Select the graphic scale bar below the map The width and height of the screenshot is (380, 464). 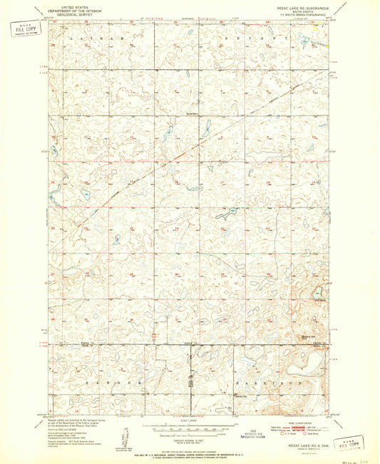click(x=190, y=430)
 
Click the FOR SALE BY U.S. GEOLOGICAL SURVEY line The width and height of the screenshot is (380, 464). click(x=190, y=451)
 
